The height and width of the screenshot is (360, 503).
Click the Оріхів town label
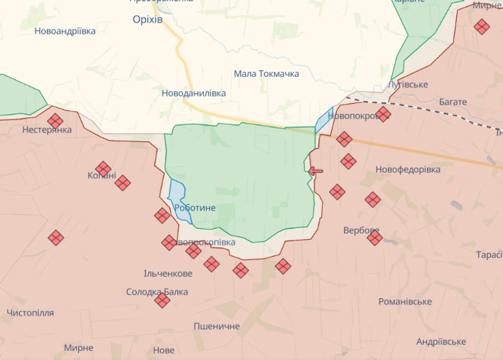click(148, 20)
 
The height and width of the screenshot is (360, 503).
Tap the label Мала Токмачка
click(266, 73)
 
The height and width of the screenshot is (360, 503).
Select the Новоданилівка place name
click(194, 93)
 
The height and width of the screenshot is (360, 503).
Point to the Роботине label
click(195, 209)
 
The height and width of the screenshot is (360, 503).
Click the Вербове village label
click(360, 230)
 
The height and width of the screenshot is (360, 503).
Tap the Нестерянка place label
click(47, 130)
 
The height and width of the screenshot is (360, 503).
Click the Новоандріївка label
click(65, 31)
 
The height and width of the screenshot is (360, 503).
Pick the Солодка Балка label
click(157, 292)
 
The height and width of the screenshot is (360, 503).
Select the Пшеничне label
click(216, 327)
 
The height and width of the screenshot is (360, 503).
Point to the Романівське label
click(405, 302)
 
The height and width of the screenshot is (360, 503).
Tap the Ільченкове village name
click(168, 274)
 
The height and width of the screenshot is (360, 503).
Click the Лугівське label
click(408, 84)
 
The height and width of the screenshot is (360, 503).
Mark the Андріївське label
click(440, 342)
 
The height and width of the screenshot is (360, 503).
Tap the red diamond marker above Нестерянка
click(56, 121)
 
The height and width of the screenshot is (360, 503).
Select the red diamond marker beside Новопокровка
click(383, 114)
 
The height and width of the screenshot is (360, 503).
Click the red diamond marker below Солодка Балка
click(162, 300)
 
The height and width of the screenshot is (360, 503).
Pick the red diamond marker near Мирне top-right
click(481, 27)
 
